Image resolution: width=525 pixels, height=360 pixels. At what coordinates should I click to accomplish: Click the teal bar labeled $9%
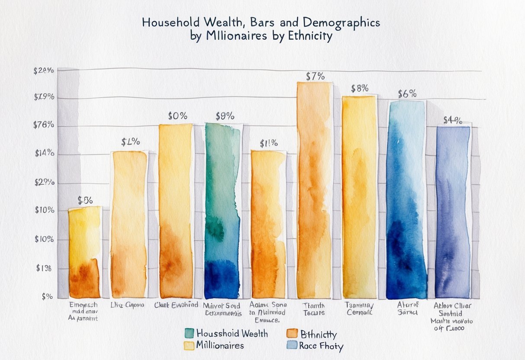pos(222,212)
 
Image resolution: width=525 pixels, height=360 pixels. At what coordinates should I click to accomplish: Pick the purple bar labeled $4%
pos(453,212)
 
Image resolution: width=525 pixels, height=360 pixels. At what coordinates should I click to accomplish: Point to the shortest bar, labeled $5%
pos(84,253)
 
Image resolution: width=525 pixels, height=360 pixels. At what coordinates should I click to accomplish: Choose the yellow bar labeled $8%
pos(359,197)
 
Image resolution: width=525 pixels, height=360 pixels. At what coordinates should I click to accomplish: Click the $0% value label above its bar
pos(177,116)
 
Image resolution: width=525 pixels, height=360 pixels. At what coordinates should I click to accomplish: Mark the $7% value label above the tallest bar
pos(315,77)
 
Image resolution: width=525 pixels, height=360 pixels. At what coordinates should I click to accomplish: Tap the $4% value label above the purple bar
pos(453,120)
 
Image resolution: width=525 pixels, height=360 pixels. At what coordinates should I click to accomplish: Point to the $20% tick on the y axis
pos(44,71)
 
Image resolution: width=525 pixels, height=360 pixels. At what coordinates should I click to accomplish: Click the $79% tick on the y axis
pos(44,97)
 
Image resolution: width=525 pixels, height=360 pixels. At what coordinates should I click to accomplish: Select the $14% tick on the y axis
pos(44,153)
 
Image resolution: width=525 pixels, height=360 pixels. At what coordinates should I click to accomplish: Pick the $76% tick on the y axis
pos(44,125)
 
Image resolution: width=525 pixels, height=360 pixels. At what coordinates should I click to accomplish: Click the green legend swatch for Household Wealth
pos(189,333)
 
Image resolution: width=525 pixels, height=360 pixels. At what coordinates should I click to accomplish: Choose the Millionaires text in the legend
pos(220,345)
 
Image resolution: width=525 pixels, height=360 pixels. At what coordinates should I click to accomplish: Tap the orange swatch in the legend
pos(292,334)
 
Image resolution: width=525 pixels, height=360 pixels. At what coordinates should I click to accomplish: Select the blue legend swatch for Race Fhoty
pos(292,345)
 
